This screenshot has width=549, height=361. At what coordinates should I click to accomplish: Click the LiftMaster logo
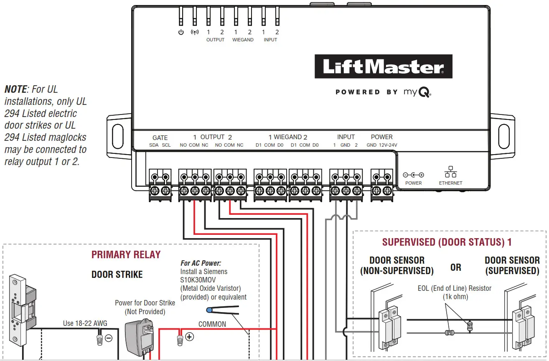pos(383,67)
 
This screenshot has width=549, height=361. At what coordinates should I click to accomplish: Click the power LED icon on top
pos(181,32)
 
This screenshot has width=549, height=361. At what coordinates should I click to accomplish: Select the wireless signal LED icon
pos(194,32)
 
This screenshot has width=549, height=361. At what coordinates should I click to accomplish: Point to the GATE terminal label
pos(160,137)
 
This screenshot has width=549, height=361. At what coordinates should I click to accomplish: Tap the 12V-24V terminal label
pos(388,145)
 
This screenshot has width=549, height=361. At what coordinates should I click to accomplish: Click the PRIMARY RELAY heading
pos(126,255)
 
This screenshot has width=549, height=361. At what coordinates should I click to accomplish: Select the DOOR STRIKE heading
pos(117,275)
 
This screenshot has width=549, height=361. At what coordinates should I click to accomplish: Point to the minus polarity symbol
pos(109,338)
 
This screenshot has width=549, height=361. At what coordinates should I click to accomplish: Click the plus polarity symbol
pos(190,337)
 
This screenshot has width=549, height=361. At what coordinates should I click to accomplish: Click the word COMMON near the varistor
pos(212,324)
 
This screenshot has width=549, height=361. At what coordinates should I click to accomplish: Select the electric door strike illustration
pos(19,309)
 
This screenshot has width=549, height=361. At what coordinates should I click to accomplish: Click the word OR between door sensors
pos(456,267)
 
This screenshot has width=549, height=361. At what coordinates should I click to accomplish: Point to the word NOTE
pos(16,89)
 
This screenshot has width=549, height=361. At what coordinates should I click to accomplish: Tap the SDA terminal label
pos(154,145)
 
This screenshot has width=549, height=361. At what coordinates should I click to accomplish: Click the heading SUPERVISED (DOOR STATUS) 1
pos(447,242)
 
